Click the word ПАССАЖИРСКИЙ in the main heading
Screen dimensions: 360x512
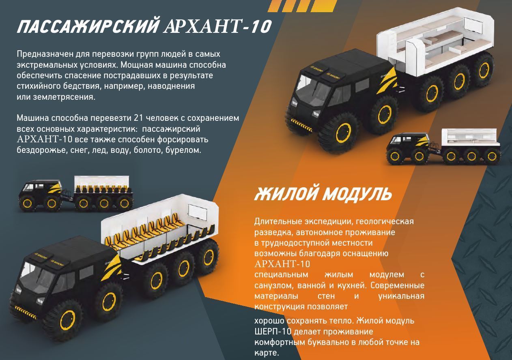[87, 27]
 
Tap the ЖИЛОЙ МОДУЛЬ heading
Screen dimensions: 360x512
[323, 194]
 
